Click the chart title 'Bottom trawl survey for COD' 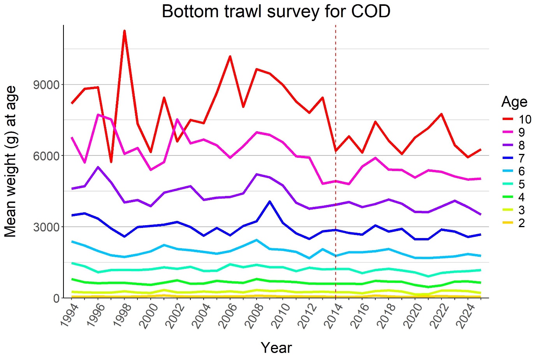point(276,12)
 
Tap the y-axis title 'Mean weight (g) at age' point(11,161)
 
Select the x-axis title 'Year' point(276,348)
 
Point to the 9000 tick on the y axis point(46,85)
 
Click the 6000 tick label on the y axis point(46,156)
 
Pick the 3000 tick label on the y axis point(46,227)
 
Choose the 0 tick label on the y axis point(56,298)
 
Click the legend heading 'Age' point(514,102)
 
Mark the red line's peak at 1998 point(124,30)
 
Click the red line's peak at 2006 point(230,56)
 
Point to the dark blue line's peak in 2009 point(270,201)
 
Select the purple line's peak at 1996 point(98,167)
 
